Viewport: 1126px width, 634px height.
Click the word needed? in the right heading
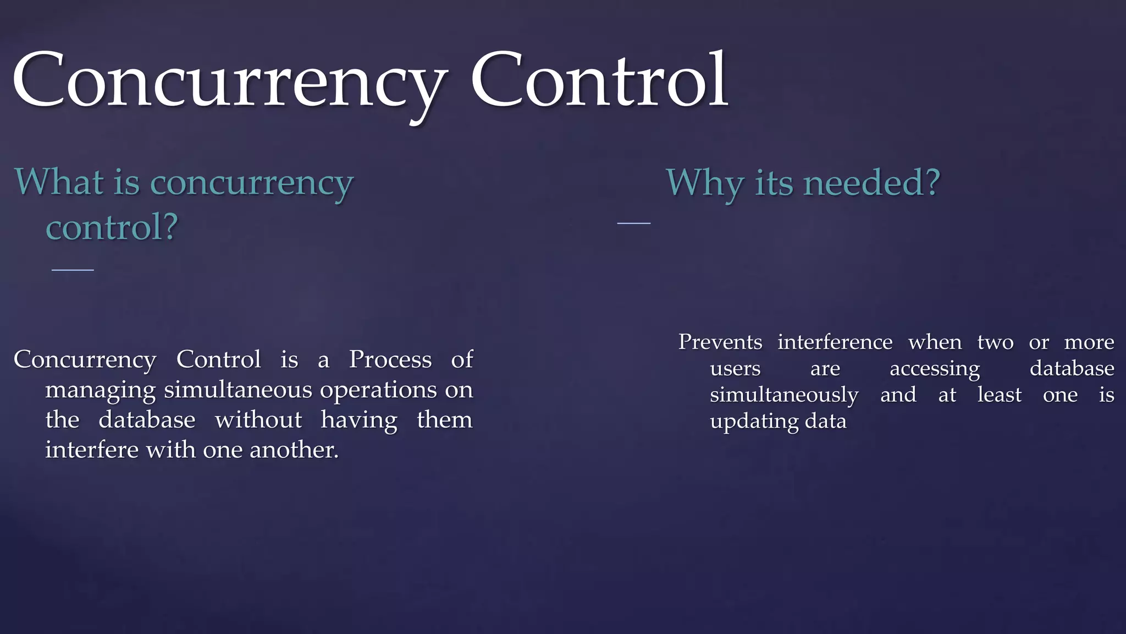click(x=871, y=183)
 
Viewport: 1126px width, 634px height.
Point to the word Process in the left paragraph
click(x=390, y=360)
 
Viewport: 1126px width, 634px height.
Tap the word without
click(x=258, y=420)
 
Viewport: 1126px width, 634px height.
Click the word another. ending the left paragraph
click(x=294, y=450)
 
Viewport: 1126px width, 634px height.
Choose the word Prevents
click(x=720, y=342)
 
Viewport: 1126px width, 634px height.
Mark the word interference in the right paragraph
click(x=835, y=342)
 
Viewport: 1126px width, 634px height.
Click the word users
click(x=735, y=368)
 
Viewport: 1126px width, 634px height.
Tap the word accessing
click(x=935, y=369)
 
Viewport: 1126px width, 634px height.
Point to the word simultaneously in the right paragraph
click(x=784, y=395)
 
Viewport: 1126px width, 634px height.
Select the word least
click(x=999, y=395)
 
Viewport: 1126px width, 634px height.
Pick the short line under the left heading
click(x=73, y=270)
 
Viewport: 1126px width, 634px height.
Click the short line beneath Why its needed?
click(x=633, y=223)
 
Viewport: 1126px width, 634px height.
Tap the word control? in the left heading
click(x=112, y=227)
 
